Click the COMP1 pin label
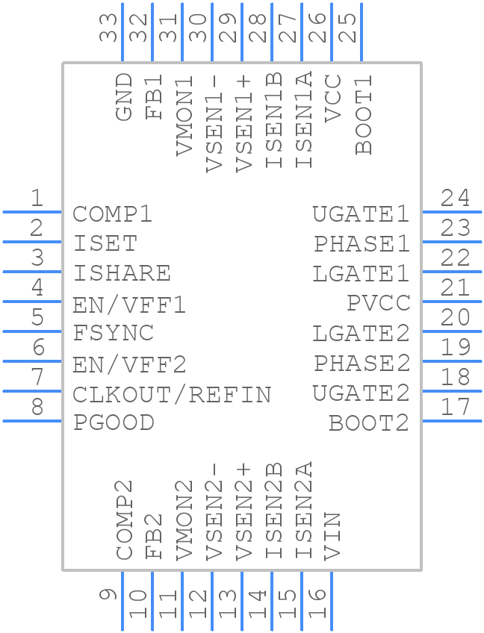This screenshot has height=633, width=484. click(x=113, y=214)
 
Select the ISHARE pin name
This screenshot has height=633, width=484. click(x=122, y=273)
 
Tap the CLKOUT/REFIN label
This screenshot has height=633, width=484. click(x=172, y=393)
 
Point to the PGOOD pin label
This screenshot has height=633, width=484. click(x=114, y=422)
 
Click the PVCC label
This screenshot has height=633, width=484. click(x=379, y=303)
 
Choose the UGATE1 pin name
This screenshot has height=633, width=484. click(x=361, y=214)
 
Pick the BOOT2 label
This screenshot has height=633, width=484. click(x=369, y=423)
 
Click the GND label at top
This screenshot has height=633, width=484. click(x=124, y=97)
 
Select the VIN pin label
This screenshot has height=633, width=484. click(x=332, y=536)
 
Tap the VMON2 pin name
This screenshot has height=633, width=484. click(x=184, y=520)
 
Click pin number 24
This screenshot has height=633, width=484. click(x=455, y=199)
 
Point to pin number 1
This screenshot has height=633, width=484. click(x=36, y=199)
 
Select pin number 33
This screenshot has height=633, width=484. click(x=109, y=27)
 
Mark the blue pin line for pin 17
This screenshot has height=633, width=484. click(x=452, y=421)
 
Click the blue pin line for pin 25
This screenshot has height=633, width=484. click(x=362, y=33)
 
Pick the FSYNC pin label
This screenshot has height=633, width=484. click(x=114, y=333)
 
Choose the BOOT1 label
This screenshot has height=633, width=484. click(x=364, y=114)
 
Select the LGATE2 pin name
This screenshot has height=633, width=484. click(x=361, y=334)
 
